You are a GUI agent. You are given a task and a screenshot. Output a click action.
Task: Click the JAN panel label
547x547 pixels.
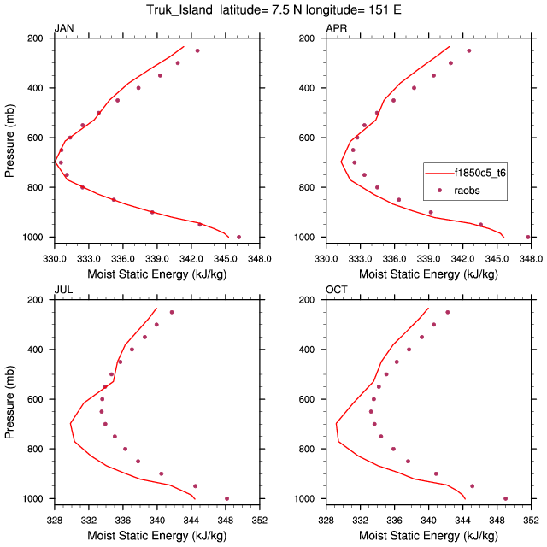(x=64, y=29)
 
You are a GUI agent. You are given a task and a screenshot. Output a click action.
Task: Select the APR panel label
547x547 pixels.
(x=337, y=29)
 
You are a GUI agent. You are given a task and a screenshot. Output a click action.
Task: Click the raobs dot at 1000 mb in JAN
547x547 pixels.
(x=238, y=237)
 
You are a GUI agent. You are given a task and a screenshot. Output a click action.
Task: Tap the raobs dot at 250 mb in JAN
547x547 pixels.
(x=197, y=50)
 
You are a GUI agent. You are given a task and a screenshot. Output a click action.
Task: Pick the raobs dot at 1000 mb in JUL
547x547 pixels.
(x=226, y=498)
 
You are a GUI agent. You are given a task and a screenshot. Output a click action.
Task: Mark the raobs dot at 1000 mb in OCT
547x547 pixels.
(x=505, y=498)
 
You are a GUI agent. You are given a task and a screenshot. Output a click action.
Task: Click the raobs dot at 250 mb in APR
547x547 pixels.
(x=468, y=50)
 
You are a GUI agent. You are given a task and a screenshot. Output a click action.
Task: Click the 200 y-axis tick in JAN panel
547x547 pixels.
(x=38, y=38)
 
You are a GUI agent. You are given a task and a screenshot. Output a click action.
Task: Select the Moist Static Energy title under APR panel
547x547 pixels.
(x=428, y=274)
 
